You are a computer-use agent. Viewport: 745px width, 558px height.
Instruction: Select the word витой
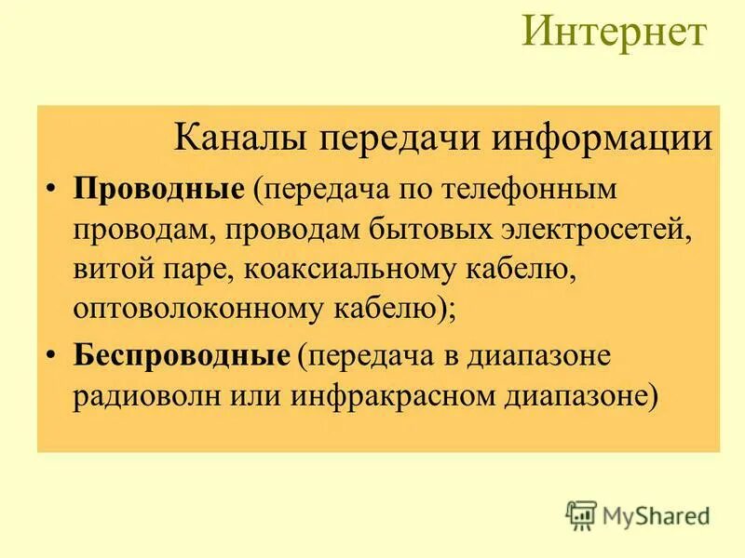[x=110, y=270]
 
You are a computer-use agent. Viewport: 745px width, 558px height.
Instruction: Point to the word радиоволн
[x=147, y=396]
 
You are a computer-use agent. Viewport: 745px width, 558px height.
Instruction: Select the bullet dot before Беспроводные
[x=52, y=356]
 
